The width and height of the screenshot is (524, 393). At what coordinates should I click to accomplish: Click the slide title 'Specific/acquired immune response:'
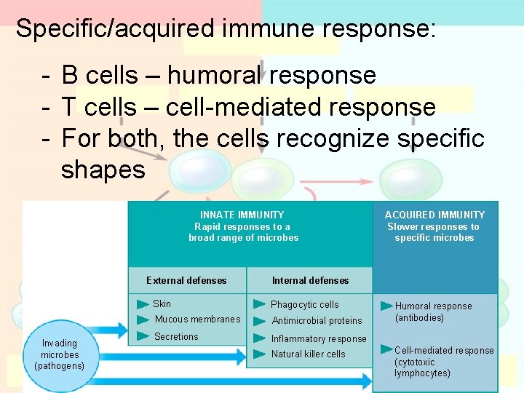pyautogui.click(x=226, y=29)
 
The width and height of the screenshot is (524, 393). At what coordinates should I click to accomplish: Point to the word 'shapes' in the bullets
pyautogui.click(x=103, y=170)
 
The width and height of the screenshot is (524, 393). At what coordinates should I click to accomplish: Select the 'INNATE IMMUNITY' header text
pyautogui.click(x=242, y=215)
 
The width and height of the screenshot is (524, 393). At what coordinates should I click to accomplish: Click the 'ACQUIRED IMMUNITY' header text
pyautogui.click(x=434, y=215)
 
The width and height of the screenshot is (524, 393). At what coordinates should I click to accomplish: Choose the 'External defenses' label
pyautogui.click(x=186, y=280)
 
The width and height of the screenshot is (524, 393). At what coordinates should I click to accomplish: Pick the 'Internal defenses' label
pyautogui.click(x=310, y=280)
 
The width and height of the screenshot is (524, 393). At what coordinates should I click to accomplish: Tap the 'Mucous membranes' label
pyautogui.click(x=197, y=319)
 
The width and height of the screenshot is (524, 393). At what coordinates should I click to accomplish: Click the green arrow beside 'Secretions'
pyautogui.click(x=143, y=336)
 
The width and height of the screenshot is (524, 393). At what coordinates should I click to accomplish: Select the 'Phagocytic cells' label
pyautogui.click(x=305, y=304)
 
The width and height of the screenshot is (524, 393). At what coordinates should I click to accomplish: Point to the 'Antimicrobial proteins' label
pyautogui.click(x=317, y=321)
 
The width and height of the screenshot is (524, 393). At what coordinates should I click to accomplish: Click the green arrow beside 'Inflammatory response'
pyautogui.click(x=259, y=338)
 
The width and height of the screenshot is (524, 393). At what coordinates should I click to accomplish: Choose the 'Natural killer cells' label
pyautogui.click(x=309, y=354)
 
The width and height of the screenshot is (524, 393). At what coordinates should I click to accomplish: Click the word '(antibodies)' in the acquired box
pyautogui.click(x=419, y=318)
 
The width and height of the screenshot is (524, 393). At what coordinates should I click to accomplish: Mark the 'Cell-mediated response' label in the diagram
pyautogui.click(x=444, y=351)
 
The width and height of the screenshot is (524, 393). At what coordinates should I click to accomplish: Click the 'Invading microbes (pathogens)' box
pyautogui.click(x=59, y=354)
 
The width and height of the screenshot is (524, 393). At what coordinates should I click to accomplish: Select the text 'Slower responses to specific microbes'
pyautogui.click(x=434, y=232)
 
